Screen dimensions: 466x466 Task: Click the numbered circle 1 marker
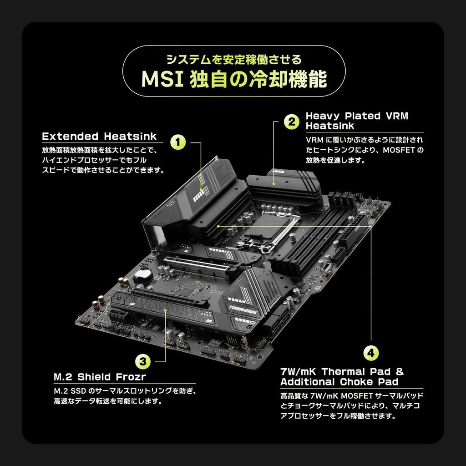[x=178, y=142]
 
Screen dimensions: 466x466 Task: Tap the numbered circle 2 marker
[x=291, y=122]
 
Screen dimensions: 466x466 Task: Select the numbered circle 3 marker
[x=143, y=362]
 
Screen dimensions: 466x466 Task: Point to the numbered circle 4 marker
[x=371, y=353]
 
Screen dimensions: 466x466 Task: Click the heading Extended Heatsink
[x=99, y=137]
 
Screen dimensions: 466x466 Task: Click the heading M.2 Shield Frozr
[x=100, y=377]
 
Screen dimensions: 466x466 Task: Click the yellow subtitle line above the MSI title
[x=233, y=60]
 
